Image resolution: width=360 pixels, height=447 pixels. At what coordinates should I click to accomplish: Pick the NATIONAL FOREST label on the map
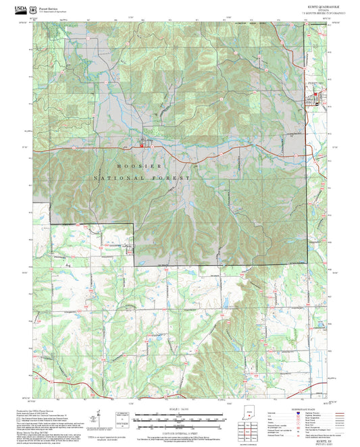tap(142, 178)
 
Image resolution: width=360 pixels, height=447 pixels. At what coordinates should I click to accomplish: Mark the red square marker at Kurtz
tap(141, 143)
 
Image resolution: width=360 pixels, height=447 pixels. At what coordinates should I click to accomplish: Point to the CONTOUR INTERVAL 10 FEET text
tap(180, 432)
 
